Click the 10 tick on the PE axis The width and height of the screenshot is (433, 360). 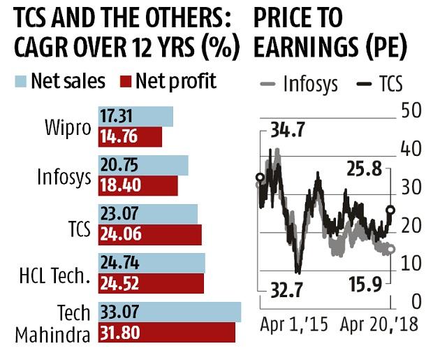(x=411, y=264)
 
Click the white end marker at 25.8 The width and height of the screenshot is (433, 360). (x=390, y=210)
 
